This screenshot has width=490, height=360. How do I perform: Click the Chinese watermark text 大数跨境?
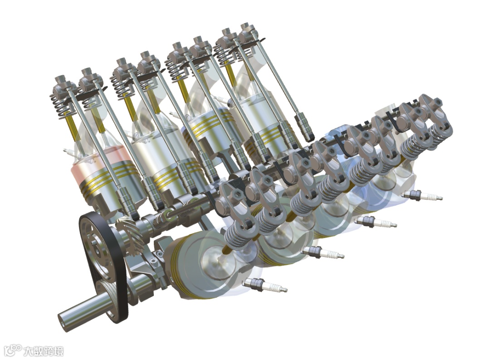coord(44,351)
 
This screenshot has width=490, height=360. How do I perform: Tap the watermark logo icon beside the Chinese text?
coord(13,350)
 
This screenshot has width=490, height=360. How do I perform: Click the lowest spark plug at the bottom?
coord(265,285)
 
